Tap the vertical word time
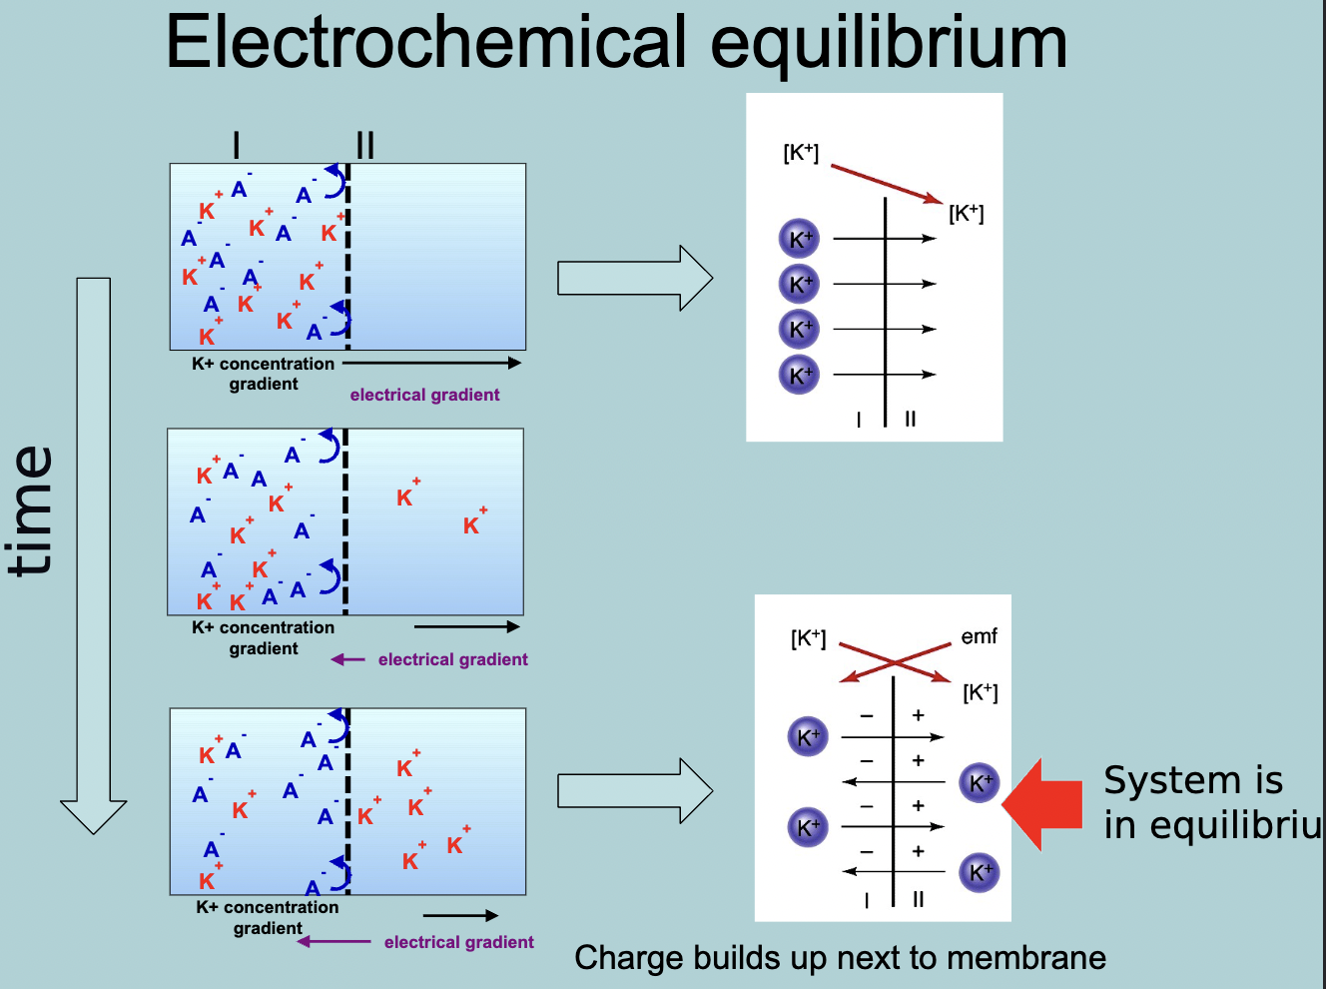click(x=32, y=511)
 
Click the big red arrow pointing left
click(x=1042, y=804)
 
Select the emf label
click(x=979, y=636)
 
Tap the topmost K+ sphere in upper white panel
click(x=799, y=239)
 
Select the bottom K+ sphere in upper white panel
click(x=799, y=375)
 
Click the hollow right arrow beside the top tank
click(x=635, y=278)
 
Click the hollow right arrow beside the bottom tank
click(x=635, y=791)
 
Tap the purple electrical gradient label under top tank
click(x=424, y=395)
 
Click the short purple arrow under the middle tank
click(x=347, y=659)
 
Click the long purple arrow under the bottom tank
click(x=334, y=941)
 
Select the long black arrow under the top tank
click(x=431, y=363)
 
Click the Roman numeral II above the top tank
click(x=364, y=146)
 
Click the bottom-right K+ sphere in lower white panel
click(x=979, y=872)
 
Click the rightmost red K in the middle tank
click(x=472, y=524)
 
